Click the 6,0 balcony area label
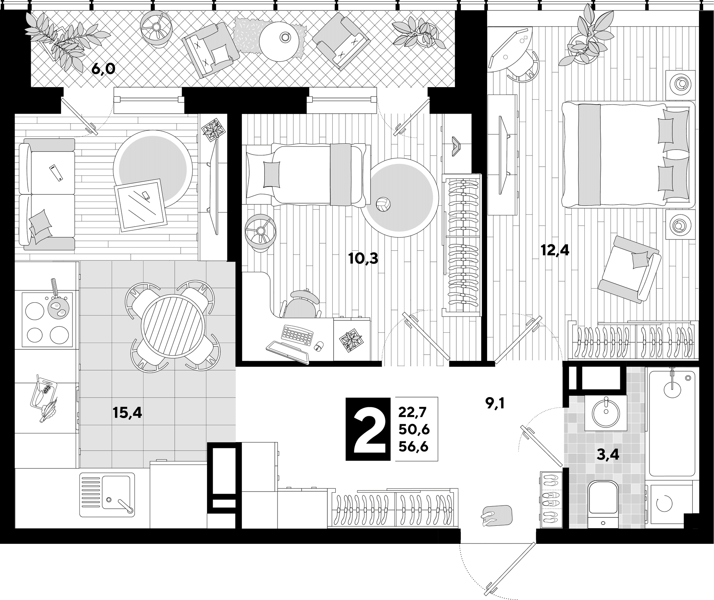[x=103, y=69]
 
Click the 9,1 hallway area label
[x=495, y=404]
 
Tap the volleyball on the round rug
[x=383, y=205]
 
